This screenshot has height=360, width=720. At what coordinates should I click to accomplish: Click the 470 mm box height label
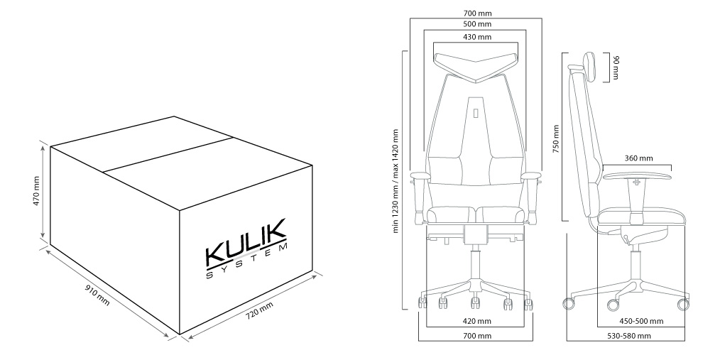click(37, 190)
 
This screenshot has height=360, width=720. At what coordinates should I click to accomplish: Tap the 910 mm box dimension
click(97, 296)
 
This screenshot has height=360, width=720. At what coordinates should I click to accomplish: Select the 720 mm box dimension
click(259, 311)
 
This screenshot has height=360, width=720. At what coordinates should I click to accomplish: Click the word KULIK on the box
click(246, 242)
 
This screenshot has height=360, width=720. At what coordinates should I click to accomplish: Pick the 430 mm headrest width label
click(476, 37)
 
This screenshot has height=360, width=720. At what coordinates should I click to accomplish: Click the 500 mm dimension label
click(476, 24)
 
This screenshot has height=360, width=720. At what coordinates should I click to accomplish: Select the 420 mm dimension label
click(476, 321)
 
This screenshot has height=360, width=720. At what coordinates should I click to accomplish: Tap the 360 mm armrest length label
click(638, 158)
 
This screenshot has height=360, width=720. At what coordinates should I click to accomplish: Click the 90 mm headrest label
click(616, 67)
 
